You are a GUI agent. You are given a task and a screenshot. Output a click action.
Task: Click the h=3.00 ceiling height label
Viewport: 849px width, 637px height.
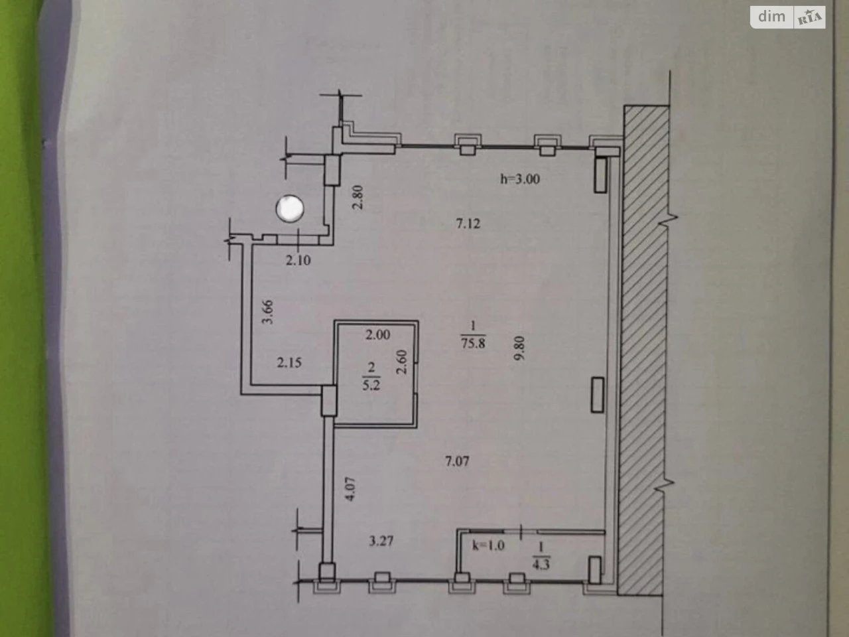[x=520, y=178]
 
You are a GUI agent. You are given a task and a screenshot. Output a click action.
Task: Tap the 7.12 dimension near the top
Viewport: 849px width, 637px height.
[x=468, y=224]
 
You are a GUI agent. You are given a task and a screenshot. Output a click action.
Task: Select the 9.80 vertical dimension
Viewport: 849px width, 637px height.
[x=519, y=348]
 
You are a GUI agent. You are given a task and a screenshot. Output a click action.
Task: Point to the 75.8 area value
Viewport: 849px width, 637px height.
[x=473, y=343]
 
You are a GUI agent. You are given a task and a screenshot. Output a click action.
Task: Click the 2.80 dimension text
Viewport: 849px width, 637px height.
[x=358, y=197]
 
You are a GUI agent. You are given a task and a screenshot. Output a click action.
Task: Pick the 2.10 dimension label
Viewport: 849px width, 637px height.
[x=298, y=260]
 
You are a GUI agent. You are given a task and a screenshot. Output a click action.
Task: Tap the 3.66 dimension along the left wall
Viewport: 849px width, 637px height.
[x=267, y=312]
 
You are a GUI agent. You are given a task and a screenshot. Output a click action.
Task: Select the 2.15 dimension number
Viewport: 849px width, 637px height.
[x=289, y=363]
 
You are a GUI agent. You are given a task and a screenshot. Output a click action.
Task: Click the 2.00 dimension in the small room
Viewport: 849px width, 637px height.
[x=378, y=334]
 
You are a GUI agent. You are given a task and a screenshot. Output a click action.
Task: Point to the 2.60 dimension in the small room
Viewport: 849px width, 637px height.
[x=402, y=362]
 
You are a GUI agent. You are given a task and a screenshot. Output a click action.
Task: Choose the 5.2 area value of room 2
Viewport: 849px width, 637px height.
[x=371, y=386]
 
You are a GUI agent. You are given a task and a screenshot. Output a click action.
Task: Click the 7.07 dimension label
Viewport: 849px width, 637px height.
[x=457, y=461]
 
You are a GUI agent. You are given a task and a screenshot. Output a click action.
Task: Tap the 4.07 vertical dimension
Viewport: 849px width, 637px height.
[x=350, y=489]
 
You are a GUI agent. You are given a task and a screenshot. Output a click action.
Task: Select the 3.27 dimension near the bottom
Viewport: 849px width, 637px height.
[x=381, y=541]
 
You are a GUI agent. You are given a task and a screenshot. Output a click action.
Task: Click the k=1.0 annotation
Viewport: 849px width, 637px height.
[x=489, y=545]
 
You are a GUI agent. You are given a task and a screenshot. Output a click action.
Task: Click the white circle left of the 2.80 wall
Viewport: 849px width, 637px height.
[x=290, y=208]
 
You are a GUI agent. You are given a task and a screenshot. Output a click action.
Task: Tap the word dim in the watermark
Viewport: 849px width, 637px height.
[x=771, y=16]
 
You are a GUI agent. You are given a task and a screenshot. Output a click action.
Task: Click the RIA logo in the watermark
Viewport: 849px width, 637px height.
[x=810, y=18]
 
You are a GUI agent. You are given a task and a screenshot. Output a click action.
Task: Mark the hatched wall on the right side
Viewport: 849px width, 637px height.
[x=643, y=350]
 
